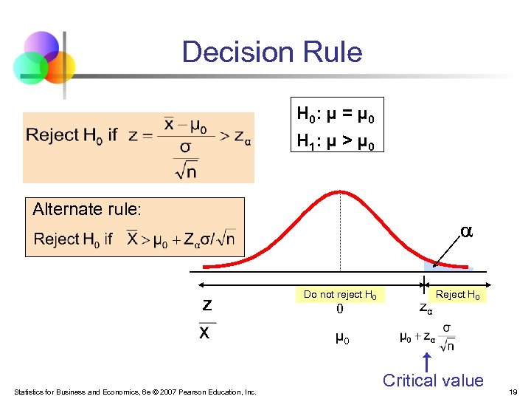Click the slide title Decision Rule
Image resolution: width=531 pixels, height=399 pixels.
pos(271,52)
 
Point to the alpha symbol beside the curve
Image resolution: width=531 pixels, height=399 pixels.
pos(465,232)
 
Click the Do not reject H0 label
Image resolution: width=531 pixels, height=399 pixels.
pos(340,294)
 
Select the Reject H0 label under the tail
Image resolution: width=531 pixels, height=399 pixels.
pos(457,295)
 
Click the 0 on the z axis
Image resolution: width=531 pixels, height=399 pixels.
pos(340,310)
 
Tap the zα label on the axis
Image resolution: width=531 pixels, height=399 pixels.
pos(426,308)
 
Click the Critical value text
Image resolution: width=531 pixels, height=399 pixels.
pos(433,381)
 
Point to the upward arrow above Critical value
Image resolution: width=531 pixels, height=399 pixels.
pos(426,362)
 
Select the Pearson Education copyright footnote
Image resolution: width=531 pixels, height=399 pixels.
pos(135,391)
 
